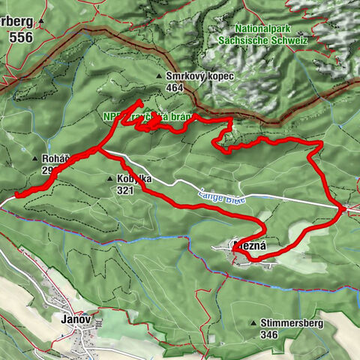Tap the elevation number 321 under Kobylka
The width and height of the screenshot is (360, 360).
[x=125, y=190]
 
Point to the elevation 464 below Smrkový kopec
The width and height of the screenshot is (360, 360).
[x=175, y=88]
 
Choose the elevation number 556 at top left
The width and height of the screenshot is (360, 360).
[x=20, y=35]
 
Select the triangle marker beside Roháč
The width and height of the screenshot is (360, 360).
[x=35, y=159]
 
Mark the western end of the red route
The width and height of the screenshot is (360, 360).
[x=16, y=196]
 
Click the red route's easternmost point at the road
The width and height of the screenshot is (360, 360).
[x=344, y=208]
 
